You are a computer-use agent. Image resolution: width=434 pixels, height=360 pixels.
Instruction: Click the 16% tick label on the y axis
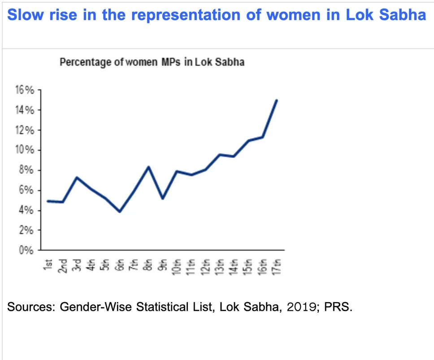pyautogui.click(x=26, y=90)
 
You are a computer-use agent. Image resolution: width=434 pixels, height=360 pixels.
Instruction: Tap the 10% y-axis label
pyautogui.click(x=26, y=150)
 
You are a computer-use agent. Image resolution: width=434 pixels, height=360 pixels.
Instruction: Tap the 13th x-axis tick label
pyautogui.click(x=219, y=266)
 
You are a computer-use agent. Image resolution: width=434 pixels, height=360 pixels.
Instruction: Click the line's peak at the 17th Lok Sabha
pyautogui.click(x=276, y=100)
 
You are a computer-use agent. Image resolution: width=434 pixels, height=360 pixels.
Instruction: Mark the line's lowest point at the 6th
pyautogui.click(x=120, y=211)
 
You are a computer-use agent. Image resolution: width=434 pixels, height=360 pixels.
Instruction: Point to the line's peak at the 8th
pyautogui.click(x=148, y=167)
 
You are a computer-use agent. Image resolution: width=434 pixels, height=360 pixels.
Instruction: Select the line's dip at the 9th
pyautogui.click(x=162, y=198)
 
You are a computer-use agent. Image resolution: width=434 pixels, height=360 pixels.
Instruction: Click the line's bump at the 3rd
pyautogui.click(x=77, y=178)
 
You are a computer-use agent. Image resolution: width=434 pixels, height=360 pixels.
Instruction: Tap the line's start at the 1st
pyautogui.click(x=48, y=201)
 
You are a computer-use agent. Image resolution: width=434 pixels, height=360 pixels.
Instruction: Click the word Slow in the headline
pyautogui.click(x=24, y=15)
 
